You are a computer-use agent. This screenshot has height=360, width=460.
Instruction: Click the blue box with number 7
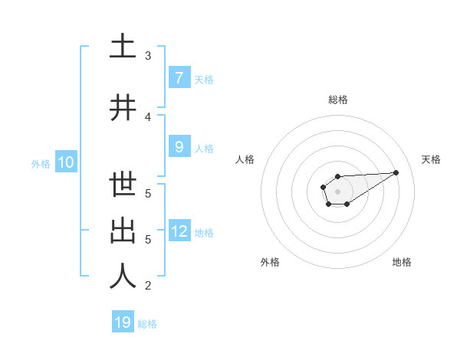(179, 78)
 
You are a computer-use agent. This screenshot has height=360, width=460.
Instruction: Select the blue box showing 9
(179, 147)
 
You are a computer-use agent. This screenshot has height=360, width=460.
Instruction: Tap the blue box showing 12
(179, 231)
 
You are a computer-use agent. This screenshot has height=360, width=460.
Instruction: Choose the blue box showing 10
(65, 162)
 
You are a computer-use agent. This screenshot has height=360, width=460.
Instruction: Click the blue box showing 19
(123, 322)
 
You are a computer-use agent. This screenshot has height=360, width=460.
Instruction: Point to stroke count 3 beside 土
(148, 56)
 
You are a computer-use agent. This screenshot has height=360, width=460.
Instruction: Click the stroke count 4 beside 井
(148, 117)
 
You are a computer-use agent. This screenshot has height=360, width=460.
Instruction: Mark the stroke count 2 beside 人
(148, 286)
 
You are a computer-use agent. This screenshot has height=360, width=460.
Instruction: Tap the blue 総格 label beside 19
(147, 324)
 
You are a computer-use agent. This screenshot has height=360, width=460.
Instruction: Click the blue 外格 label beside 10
(40, 163)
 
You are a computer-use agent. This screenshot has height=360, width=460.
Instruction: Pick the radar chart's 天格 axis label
(431, 159)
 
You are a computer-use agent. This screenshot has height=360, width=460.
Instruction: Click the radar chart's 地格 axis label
(402, 262)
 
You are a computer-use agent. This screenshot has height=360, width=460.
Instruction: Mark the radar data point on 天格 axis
(396, 172)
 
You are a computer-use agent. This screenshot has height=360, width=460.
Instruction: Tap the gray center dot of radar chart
(337, 190)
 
